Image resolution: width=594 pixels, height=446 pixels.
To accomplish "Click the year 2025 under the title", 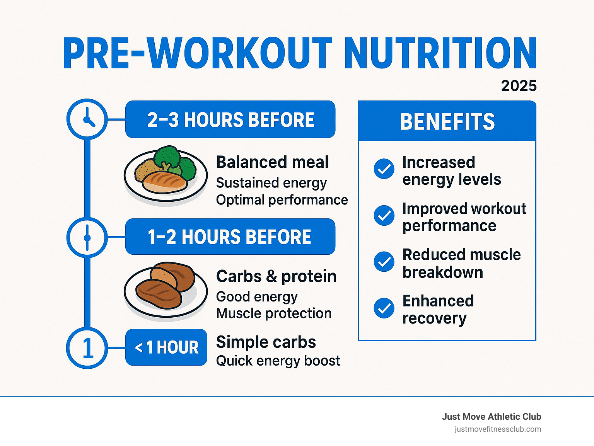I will click(519, 86).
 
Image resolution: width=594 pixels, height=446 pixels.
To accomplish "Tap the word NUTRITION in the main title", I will click(440, 53).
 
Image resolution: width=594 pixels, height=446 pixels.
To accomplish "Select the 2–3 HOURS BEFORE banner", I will click(230, 119).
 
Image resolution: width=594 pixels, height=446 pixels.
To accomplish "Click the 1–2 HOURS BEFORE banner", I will click(230, 237).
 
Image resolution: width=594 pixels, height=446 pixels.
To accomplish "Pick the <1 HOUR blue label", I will click(166, 347).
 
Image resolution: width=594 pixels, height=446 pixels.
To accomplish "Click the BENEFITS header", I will click(447, 122).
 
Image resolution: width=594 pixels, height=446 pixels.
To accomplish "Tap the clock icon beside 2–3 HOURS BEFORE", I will click(87, 119).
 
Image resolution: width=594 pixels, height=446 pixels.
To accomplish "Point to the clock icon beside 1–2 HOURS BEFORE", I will click(87, 237).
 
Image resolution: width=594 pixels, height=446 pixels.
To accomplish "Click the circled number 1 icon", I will click(87, 348).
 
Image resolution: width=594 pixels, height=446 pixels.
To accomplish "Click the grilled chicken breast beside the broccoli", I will click(164, 182).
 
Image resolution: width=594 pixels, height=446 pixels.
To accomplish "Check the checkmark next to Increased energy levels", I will click(384, 169).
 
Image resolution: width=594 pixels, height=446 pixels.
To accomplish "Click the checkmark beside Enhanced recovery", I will click(384, 308).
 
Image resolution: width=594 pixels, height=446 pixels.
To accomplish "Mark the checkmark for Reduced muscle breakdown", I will click(384, 262).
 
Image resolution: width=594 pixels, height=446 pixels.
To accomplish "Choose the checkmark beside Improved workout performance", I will click(384, 215).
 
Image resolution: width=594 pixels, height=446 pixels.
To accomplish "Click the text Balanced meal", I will click(272, 162).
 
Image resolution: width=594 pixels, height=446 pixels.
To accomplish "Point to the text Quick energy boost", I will click(278, 361).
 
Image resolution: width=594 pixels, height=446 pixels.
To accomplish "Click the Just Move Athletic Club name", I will click(492, 417).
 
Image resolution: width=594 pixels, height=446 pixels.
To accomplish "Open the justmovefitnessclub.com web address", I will click(498, 429).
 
